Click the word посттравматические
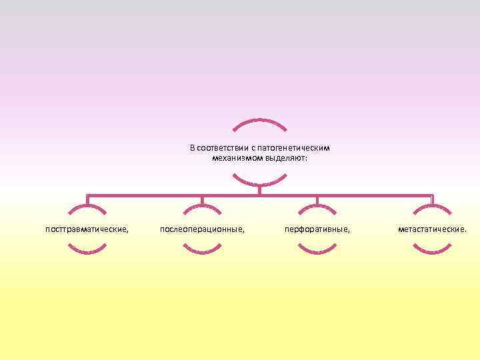click(87, 229)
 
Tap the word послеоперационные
click(202, 229)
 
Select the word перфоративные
click(317, 229)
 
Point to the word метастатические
click(433, 229)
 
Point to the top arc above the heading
click(260, 121)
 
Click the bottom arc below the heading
click(260, 183)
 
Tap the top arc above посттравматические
click(87, 207)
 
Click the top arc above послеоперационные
click(202, 207)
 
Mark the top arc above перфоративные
click(317, 207)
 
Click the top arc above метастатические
click(433, 207)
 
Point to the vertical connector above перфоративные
click(317, 200)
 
